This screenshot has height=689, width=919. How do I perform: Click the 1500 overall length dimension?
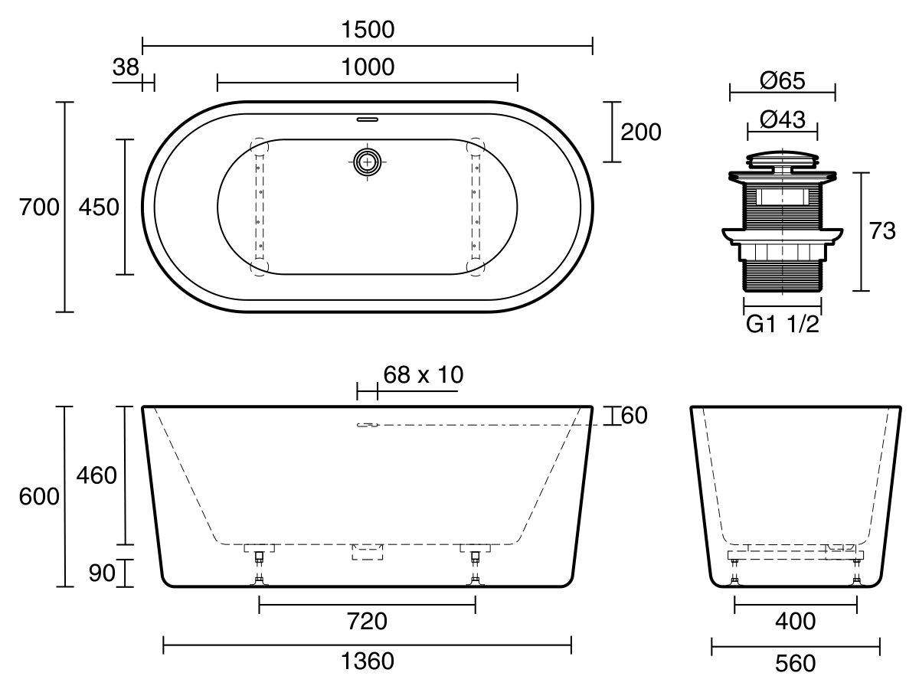pos(368,30)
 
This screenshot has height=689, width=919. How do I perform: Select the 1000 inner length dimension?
pos(368,67)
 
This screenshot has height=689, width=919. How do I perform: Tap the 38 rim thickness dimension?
pos(126,67)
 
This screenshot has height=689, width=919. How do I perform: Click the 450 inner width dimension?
pos(100,207)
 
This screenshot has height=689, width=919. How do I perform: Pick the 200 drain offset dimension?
pos(640,132)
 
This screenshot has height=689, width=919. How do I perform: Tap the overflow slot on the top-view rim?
pos(368,119)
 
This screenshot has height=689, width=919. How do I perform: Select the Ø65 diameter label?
pos(782,80)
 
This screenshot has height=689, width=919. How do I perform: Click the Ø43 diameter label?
pos(782,119)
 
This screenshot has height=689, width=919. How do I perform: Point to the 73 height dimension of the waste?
pos(881,231)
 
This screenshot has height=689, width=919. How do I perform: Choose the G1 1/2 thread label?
pos(782,325)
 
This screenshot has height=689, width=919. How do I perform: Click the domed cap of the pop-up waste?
pos(782,158)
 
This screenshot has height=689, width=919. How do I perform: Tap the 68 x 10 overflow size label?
pos(424,374)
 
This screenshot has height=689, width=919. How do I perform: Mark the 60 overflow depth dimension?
pos(635,416)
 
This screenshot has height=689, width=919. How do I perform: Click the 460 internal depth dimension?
pos(96,475)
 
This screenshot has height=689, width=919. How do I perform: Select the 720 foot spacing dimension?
pos(368,622)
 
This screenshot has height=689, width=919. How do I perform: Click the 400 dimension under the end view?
pos(796,622)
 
